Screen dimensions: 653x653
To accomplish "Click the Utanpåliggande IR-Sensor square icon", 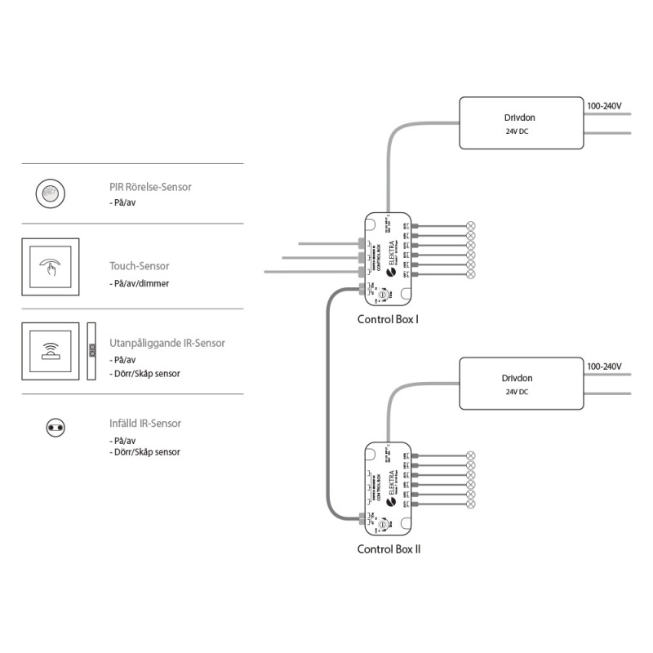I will (x=51, y=351).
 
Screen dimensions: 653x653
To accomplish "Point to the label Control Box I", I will (x=388, y=318).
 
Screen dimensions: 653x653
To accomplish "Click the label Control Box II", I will (x=389, y=549).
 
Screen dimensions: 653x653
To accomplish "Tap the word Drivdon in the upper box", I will (x=521, y=118).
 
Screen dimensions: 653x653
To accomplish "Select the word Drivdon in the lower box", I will (x=521, y=378).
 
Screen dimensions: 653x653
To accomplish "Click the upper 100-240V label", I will (x=605, y=106).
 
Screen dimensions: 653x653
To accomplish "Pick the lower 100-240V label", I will (x=605, y=366).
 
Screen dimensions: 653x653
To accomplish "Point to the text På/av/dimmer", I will (x=142, y=283).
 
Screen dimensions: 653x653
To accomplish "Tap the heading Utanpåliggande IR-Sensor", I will (x=167, y=344).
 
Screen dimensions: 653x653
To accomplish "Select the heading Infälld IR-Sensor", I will (x=145, y=424).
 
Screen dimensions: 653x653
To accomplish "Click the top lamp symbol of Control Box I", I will (x=470, y=225).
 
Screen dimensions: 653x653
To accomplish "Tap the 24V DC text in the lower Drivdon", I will (x=517, y=392).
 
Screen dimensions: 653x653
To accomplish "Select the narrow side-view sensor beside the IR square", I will (x=92, y=351).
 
